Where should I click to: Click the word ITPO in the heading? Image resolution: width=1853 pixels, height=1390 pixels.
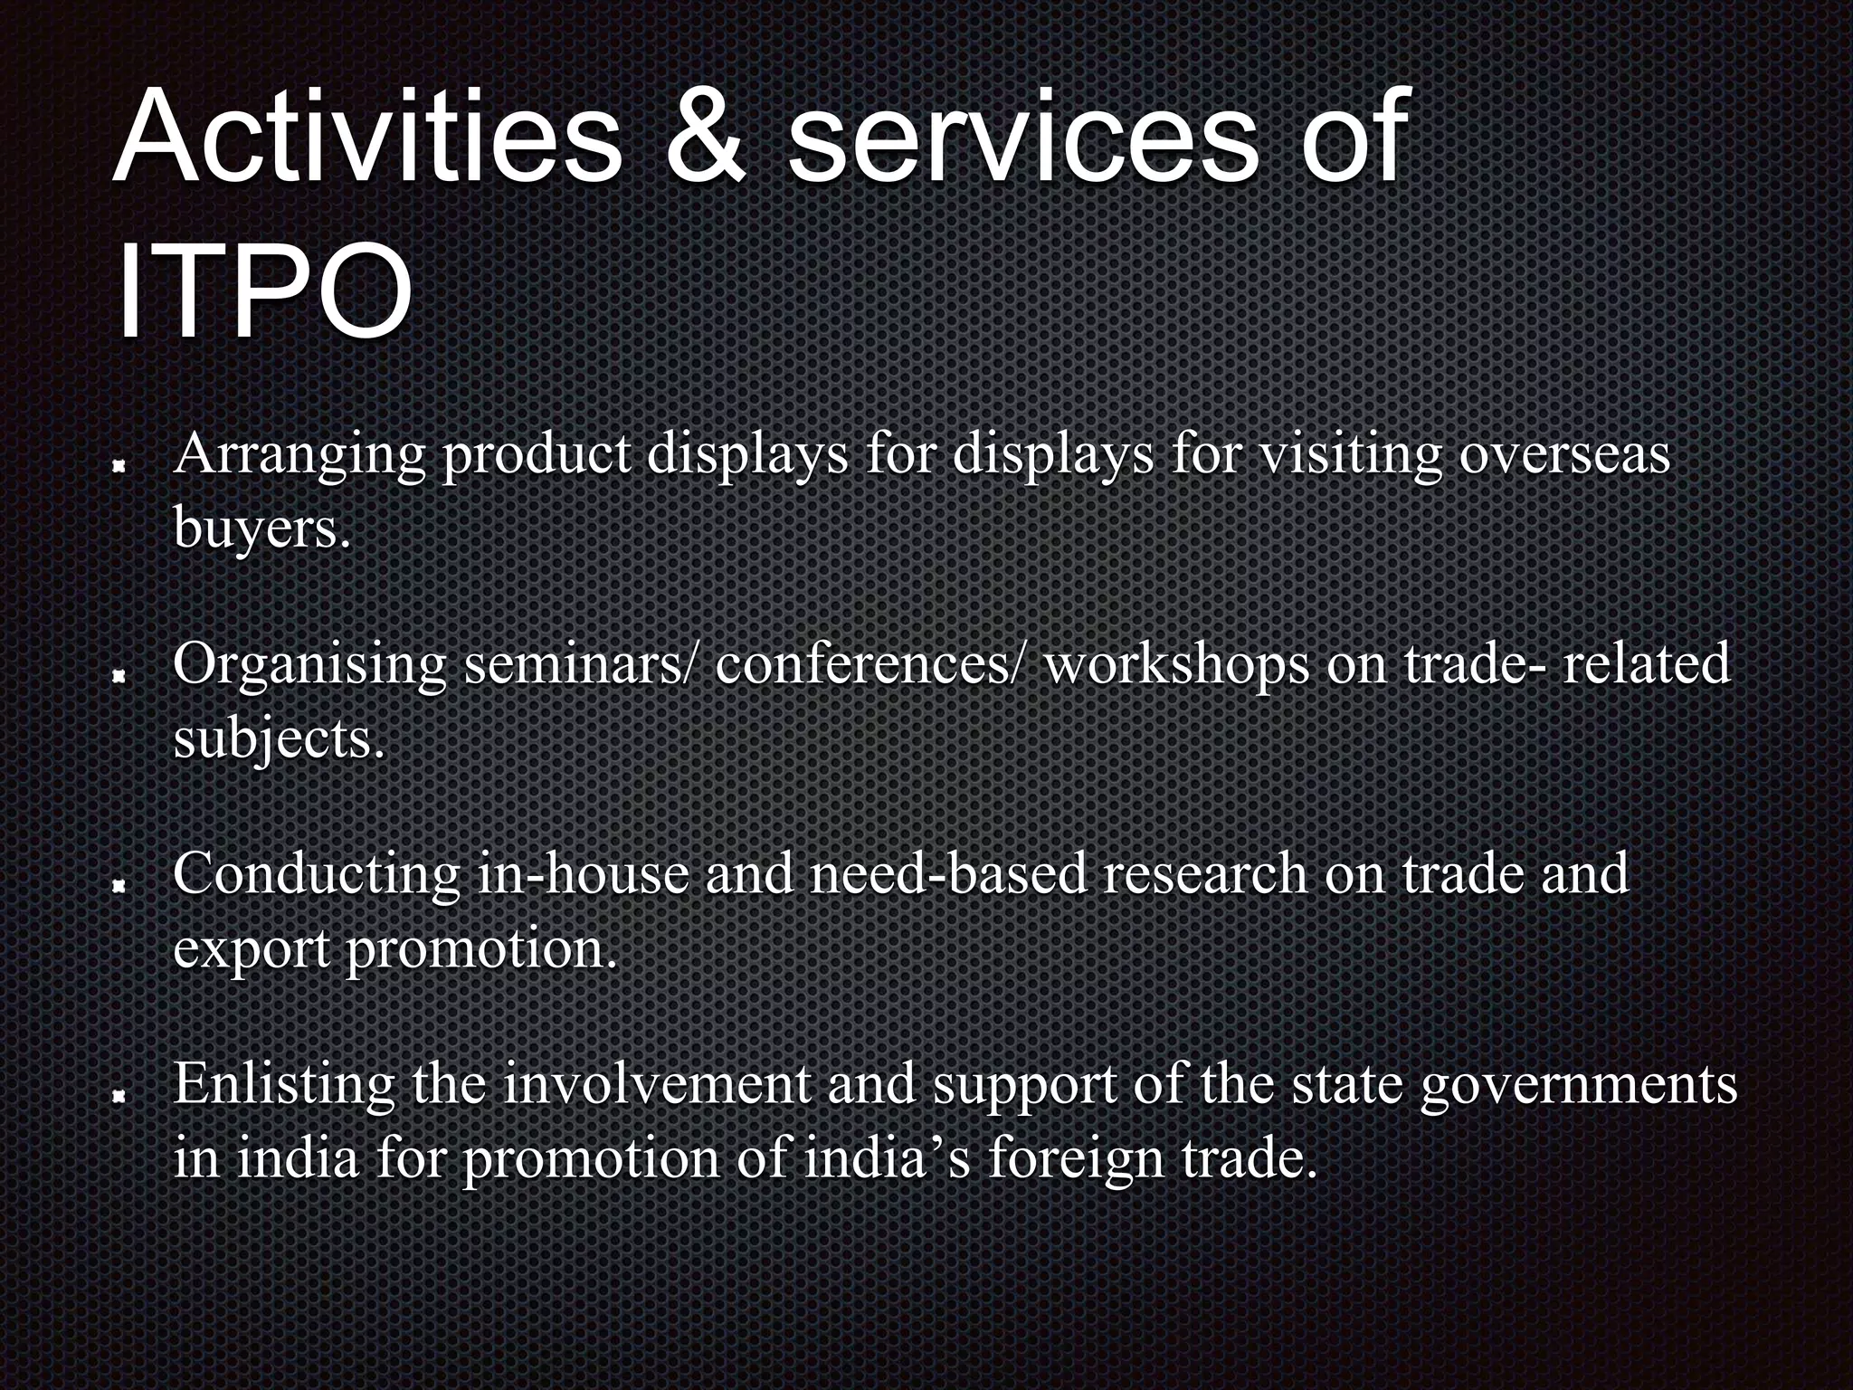pos(264,292)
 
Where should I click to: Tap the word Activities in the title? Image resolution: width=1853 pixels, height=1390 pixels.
pos(366,138)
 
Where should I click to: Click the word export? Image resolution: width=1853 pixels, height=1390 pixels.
pos(252,950)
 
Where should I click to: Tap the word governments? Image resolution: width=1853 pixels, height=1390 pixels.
pos(1578,1086)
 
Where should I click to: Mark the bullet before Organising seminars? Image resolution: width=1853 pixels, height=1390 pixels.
pos(119,675)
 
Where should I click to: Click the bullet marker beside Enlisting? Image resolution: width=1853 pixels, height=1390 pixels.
pos(119,1096)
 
